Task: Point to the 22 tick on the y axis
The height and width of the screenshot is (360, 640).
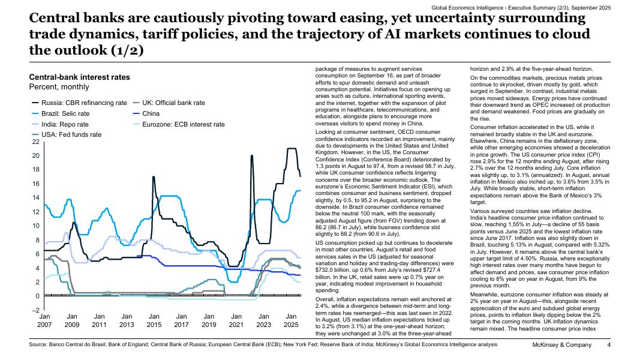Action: click(35, 142)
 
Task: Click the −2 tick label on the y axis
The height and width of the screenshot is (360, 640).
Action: click(35, 310)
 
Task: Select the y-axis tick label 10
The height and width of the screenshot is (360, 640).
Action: click(35, 226)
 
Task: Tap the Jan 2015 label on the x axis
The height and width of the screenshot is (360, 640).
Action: click(154, 320)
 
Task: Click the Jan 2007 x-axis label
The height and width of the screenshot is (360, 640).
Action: click(45, 320)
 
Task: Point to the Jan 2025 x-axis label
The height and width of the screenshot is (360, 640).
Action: click(291, 320)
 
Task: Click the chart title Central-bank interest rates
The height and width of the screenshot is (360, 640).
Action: click(79, 77)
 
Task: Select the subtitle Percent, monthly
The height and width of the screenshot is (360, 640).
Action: click(60, 87)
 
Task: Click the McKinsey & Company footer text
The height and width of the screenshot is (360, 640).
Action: click(562, 345)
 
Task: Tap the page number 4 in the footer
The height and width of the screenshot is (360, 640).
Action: click(608, 345)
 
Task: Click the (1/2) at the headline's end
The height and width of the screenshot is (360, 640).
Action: click(126, 50)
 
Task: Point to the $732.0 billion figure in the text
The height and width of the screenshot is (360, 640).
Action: click(333, 271)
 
